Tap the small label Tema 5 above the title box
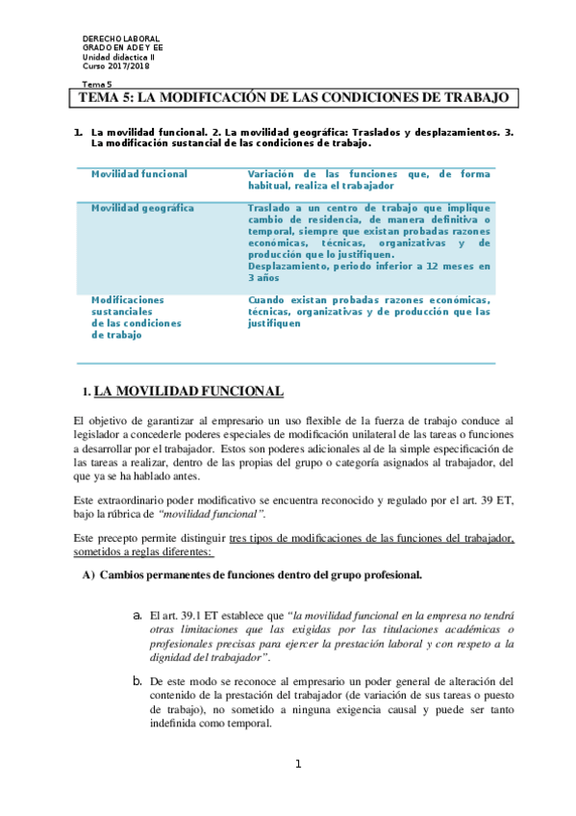click(x=96, y=85)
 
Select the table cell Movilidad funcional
click(x=138, y=174)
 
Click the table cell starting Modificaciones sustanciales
click(x=136, y=317)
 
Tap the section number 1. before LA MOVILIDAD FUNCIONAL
click(x=87, y=393)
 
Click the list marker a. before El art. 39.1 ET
click(x=138, y=614)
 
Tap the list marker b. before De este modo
click(x=138, y=681)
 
